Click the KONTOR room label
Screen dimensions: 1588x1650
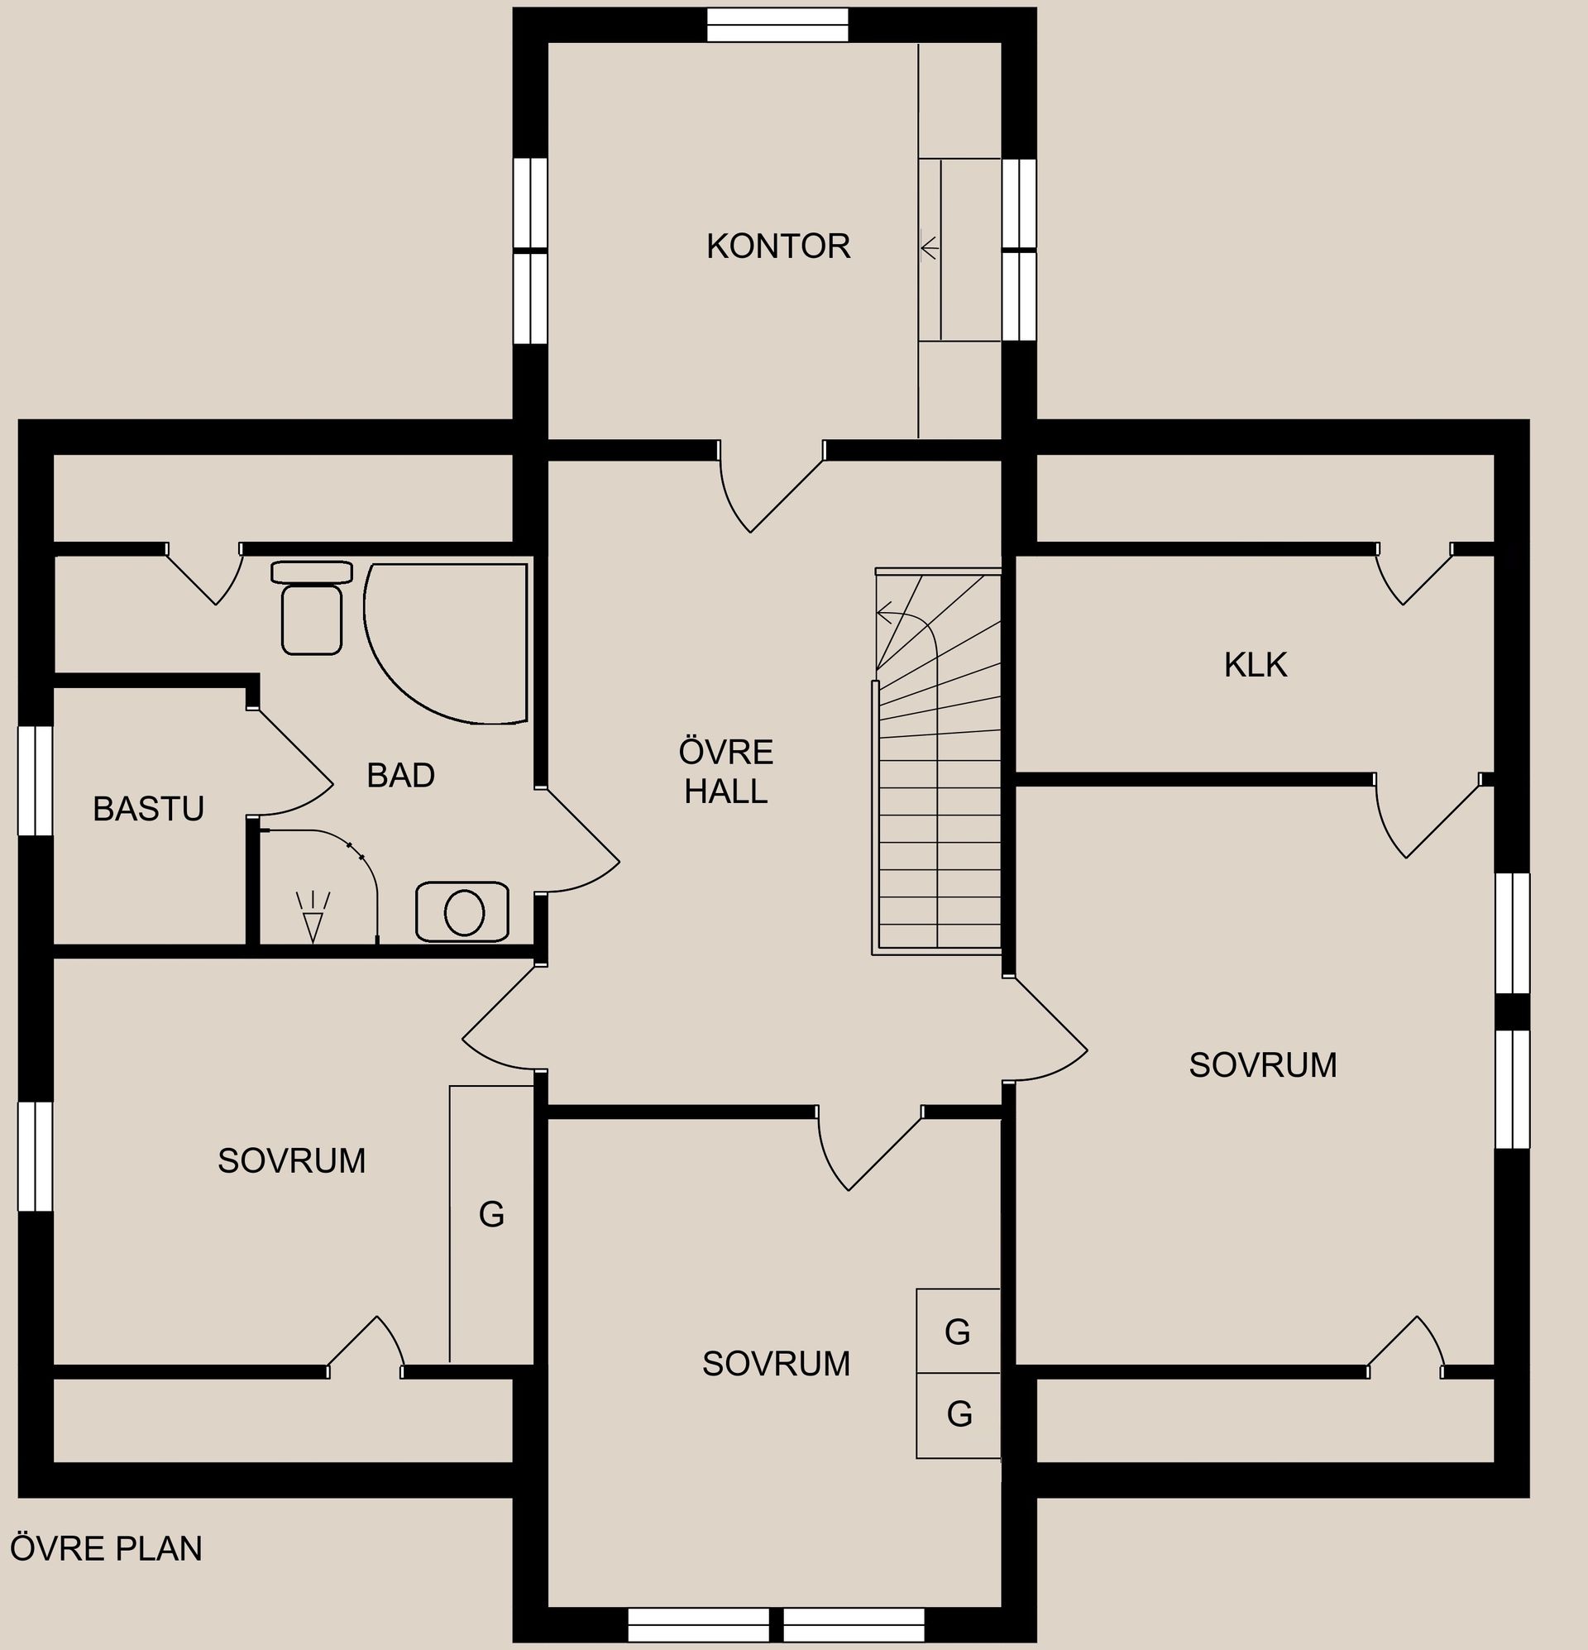pos(778,246)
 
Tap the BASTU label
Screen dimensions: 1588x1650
pos(148,808)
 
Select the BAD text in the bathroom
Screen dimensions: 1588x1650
pos(401,774)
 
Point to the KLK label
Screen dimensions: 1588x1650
pos(1256,665)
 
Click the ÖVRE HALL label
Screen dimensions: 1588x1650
pos(726,771)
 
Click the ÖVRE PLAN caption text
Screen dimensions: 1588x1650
pos(106,1548)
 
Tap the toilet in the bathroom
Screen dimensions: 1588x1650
pos(312,607)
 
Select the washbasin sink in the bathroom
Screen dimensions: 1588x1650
pos(462,911)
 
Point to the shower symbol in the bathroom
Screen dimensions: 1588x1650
pos(313,916)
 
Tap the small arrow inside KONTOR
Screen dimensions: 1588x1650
pos(930,248)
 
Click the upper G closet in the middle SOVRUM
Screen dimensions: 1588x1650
pos(959,1331)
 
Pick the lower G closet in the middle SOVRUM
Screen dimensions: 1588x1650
pos(959,1415)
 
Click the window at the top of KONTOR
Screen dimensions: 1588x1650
pos(777,25)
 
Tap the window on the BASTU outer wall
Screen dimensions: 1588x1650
pos(36,781)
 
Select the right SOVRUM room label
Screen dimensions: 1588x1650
pos(1262,1065)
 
